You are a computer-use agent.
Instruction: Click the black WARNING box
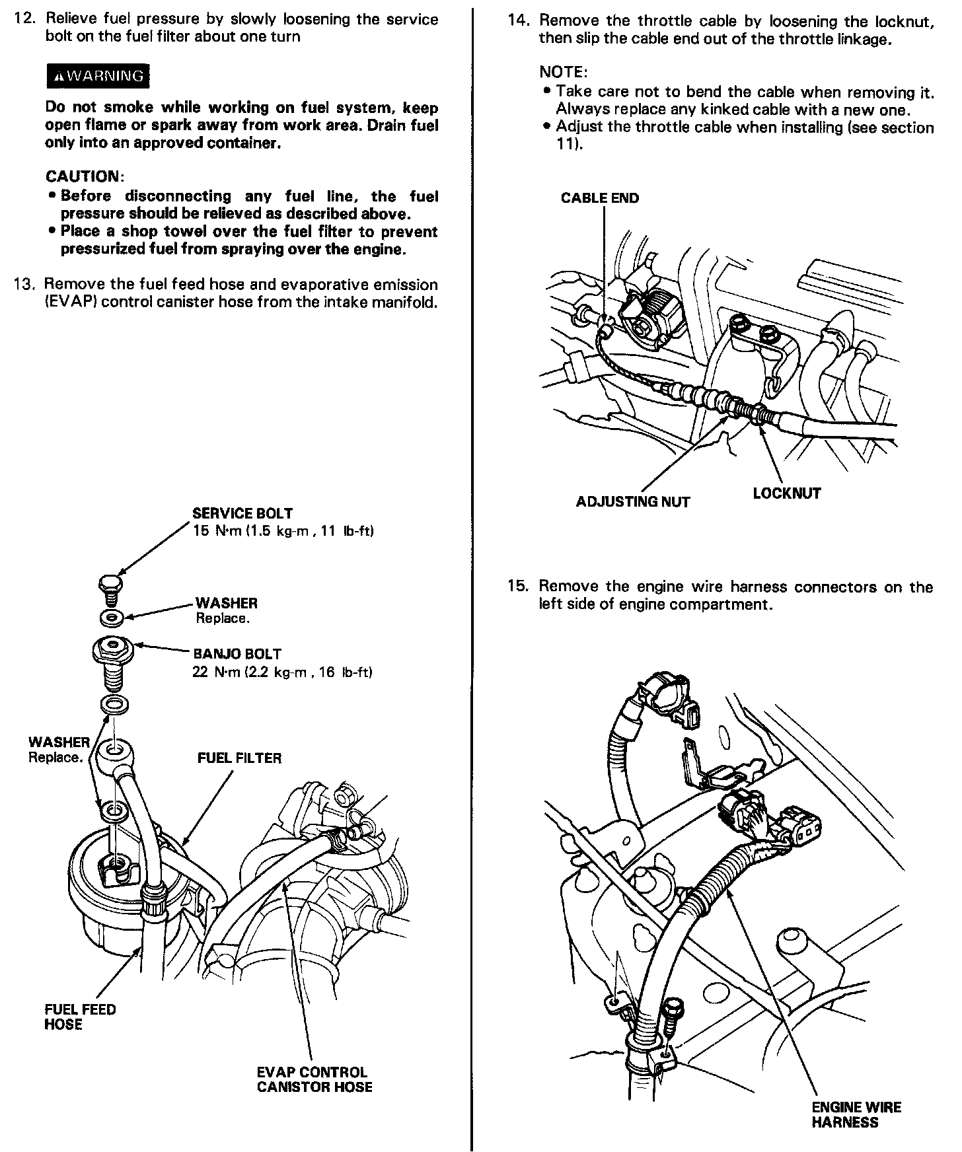[98, 76]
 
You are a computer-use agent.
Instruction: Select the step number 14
[519, 21]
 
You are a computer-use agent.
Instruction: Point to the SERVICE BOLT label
[242, 513]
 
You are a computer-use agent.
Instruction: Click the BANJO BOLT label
[237, 654]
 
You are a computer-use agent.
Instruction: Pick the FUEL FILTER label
[239, 758]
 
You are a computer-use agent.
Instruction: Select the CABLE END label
[599, 198]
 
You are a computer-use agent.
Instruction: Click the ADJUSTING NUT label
[632, 502]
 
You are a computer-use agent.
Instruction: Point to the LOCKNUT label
[786, 493]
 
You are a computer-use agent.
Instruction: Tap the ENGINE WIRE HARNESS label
[856, 1114]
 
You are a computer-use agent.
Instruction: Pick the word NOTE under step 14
[563, 71]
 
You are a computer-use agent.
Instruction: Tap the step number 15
[519, 587]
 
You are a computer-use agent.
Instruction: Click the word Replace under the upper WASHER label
[222, 619]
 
